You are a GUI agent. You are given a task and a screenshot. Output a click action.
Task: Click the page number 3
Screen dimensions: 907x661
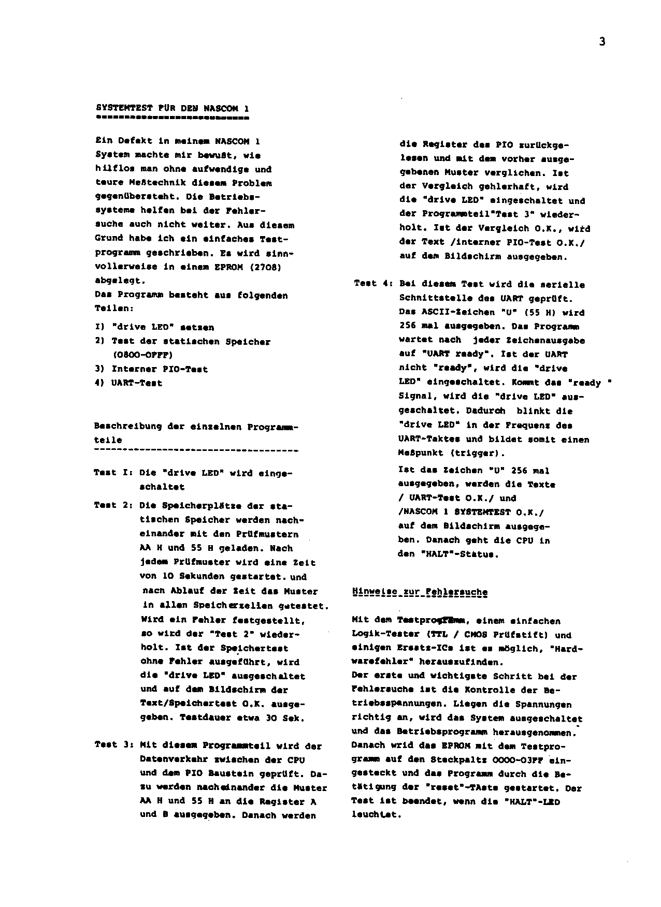(602, 42)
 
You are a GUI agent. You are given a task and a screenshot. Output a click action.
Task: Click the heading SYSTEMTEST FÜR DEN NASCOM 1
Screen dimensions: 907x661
(173, 109)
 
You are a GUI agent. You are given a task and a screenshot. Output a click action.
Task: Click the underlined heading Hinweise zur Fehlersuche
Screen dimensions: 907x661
(420, 592)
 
